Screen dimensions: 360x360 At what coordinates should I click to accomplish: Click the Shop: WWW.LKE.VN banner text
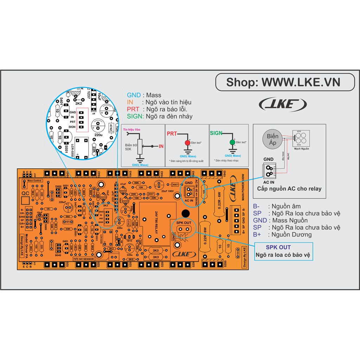click(283, 82)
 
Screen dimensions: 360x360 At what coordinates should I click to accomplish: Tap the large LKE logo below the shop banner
click(283, 104)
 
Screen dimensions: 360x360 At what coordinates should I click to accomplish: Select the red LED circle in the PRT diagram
click(187, 143)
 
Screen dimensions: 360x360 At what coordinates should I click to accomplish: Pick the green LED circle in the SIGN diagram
click(232, 143)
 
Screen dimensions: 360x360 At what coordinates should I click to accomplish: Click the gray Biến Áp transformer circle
click(273, 139)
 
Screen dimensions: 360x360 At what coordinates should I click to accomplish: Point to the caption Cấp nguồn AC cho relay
click(289, 188)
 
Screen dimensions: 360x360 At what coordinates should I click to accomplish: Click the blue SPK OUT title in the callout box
click(278, 247)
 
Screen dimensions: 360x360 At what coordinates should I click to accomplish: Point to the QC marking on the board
click(26, 194)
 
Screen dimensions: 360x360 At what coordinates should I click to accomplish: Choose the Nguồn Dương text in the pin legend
click(289, 234)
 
